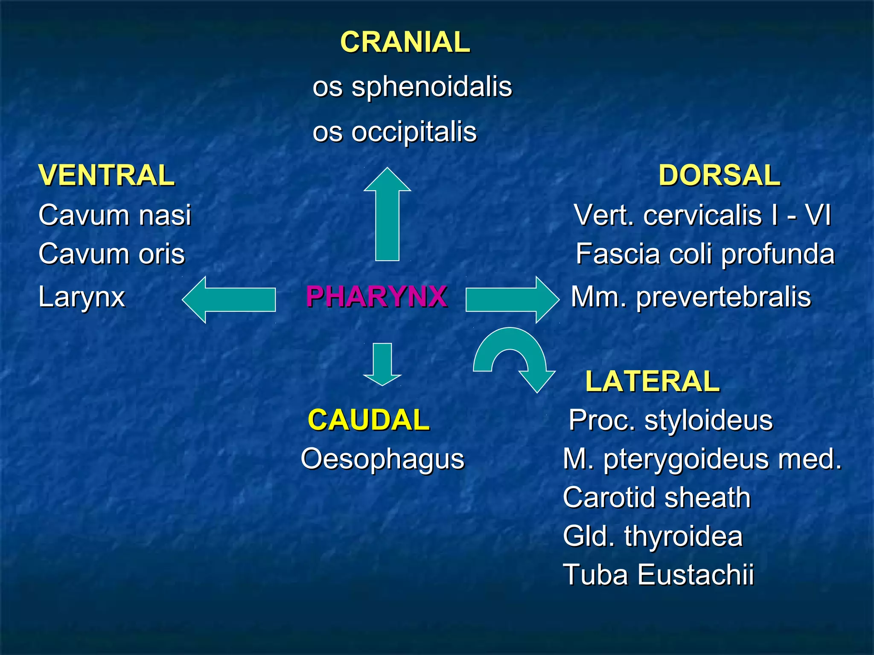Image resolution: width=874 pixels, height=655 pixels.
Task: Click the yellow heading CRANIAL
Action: [405, 42]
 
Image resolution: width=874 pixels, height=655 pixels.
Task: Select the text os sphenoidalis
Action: [412, 87]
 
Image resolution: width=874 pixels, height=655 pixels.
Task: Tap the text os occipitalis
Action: [394, 132]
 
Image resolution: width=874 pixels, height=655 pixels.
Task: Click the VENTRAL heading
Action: [106, 175]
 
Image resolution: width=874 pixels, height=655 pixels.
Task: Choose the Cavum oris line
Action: [111, 254]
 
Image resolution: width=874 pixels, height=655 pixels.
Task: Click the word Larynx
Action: [82, 297]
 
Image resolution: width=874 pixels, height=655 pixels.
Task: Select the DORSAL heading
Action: [719, 175]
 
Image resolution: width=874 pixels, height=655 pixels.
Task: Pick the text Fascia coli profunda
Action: [705, 254]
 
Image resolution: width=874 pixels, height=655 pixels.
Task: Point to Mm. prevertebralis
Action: [691, 297]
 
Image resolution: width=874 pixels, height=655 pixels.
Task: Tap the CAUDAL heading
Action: [368, 420]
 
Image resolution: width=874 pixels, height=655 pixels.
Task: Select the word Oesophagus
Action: [382, 459]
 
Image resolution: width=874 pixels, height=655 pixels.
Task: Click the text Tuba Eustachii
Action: [658, 574]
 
